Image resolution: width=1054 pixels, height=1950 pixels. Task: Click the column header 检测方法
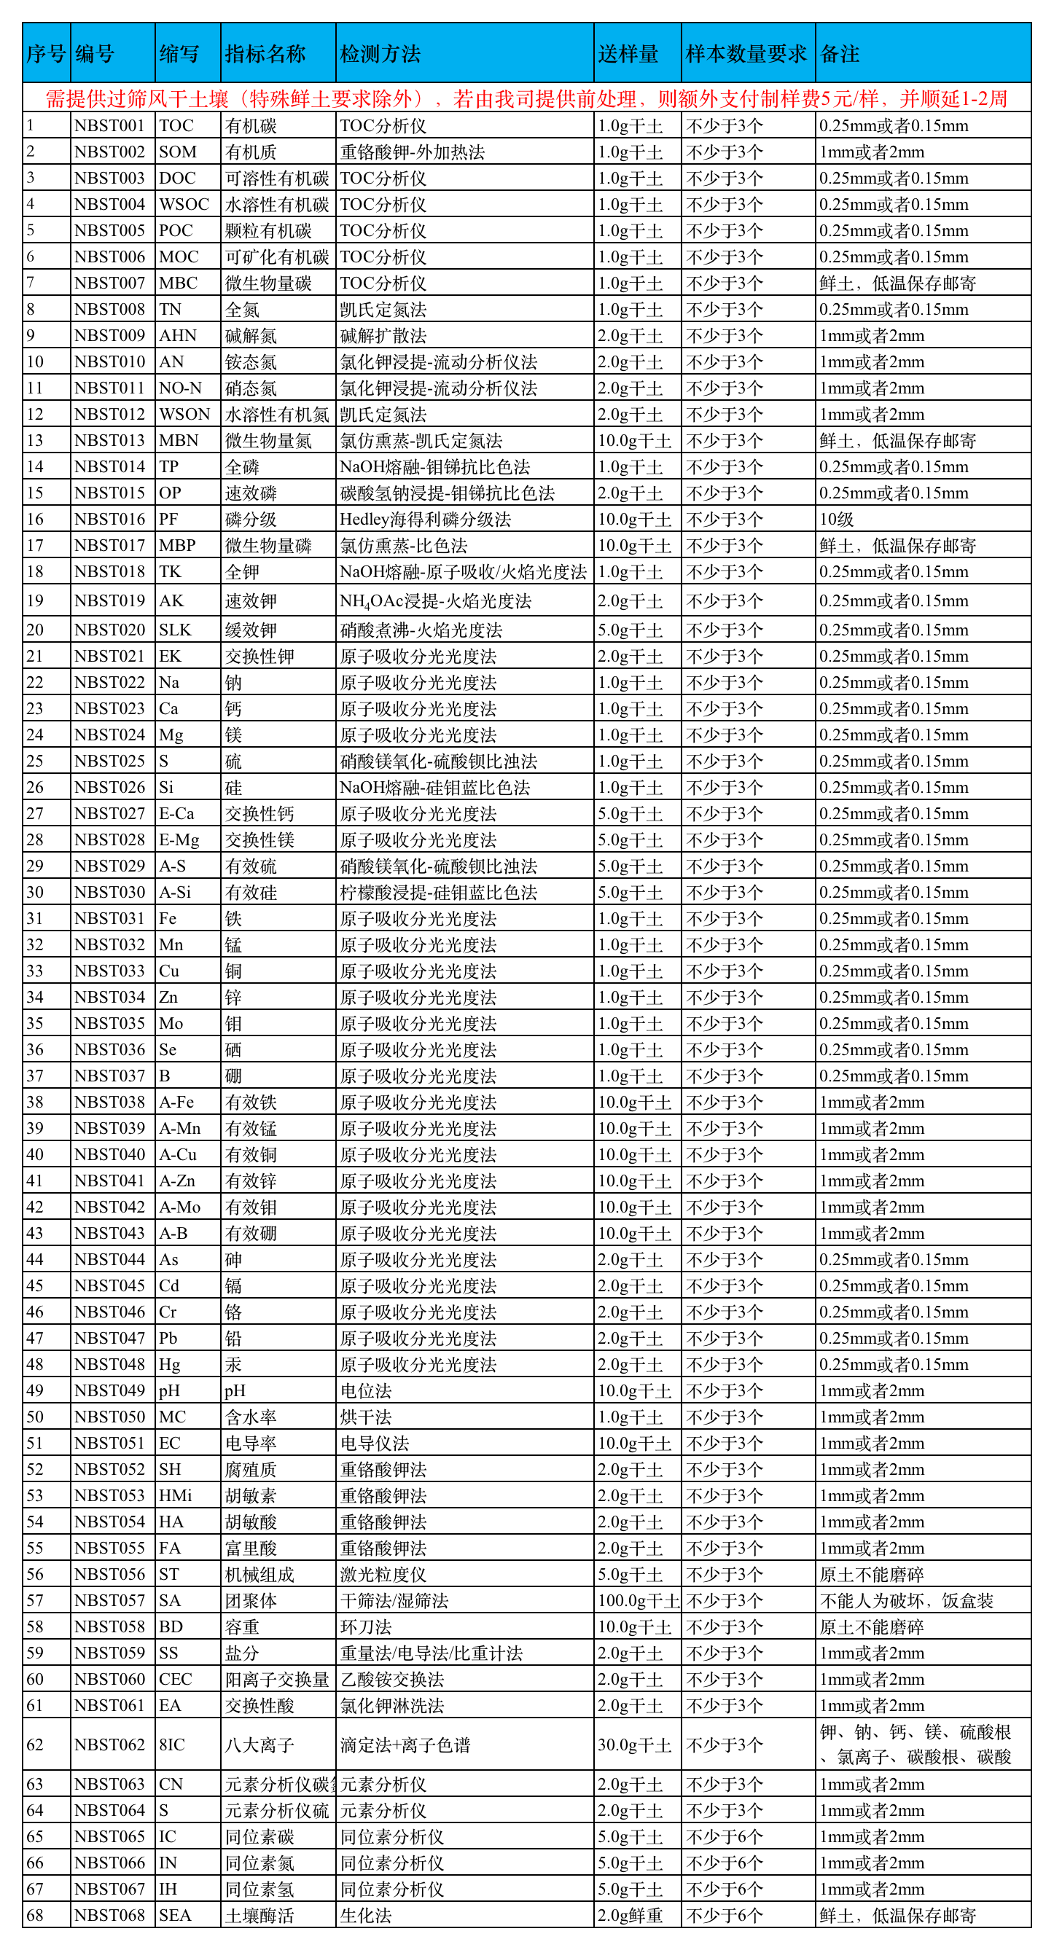click(x=380, y=54)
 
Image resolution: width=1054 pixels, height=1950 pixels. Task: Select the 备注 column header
click(x=840, y=54)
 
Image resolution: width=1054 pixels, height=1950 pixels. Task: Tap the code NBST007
click(x=110, y=283)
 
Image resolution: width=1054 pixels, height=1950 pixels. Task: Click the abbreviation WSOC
click(x=184, y=204)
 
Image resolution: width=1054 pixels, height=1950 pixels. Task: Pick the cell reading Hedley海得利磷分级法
click(x=425, y=520)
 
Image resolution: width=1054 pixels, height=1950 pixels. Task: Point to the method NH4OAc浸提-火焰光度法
click(x=435, y=601)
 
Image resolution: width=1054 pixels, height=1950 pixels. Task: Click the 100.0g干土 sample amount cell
click(x=638, y=1600)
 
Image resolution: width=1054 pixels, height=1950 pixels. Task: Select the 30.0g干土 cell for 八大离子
click(x=635, y=1745)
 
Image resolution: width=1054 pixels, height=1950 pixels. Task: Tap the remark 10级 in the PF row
click(x=837, y=520)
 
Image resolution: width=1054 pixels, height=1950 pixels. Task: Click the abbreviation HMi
click(x=176, y=1496)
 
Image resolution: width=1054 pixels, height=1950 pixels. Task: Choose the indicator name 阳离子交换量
click(x=276, y=1679)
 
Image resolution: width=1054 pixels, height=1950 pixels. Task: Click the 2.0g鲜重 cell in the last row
click(x=630, y=1915)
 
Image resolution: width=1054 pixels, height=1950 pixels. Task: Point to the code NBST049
click(x=110, y=1390)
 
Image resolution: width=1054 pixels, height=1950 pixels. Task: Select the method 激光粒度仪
click(x=383, y=1575)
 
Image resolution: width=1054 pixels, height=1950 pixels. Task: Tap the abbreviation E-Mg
click(x=179, y=839)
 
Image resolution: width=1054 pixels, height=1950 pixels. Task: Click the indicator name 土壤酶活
click(x=259, y=1915)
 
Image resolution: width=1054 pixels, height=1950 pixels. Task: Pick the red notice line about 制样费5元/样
click(x=526, y=98)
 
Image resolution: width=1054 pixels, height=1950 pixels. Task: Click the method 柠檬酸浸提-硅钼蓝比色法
click(x=438, y=893)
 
